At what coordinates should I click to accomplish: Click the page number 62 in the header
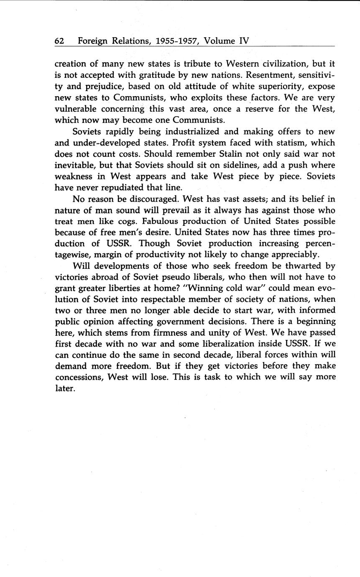tap(59, 41)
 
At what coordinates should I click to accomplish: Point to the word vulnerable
tap(75, 109)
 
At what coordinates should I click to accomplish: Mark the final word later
tap(65, 388)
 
